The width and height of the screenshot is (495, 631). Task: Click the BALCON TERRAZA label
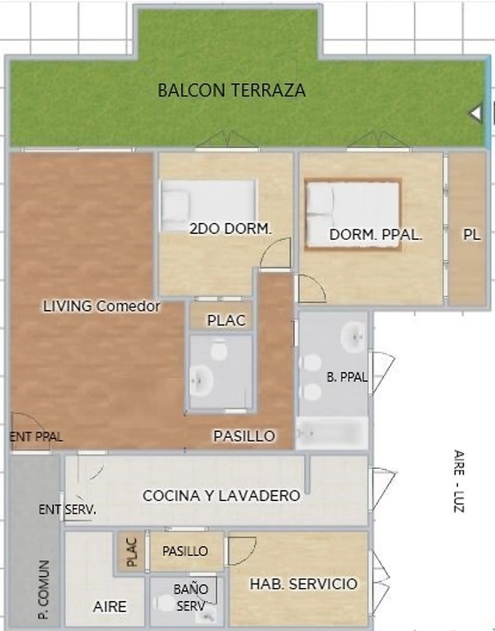pos(231,90)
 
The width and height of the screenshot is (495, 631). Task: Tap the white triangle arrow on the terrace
pos(476,113)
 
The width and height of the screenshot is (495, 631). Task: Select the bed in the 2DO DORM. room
pos(208,206)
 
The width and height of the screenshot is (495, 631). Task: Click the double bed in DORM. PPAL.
pos(352,214)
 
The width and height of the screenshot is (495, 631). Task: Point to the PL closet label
pos(472,234)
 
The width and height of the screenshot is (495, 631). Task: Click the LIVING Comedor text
pos(102,306)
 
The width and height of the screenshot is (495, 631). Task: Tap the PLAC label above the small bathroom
pos(226,320)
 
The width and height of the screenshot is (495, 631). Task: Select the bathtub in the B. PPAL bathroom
pos(331,433)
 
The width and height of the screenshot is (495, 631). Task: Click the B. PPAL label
pos(347,377)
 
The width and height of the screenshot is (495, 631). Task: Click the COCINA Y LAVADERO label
pos(221,495)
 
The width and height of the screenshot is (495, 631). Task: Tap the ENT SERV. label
pos(67,509)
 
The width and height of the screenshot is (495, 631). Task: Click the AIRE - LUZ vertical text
pos(459,481)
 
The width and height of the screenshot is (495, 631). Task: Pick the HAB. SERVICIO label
pos(303,584)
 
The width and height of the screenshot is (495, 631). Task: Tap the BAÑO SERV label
pos(191,597)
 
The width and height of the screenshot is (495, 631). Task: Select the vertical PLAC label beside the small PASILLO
pos(132,552)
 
